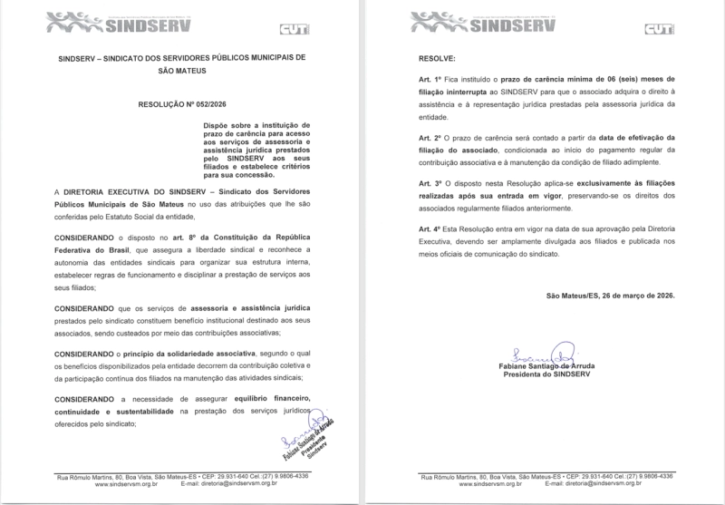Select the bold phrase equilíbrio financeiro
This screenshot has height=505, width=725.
coord(269,400)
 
